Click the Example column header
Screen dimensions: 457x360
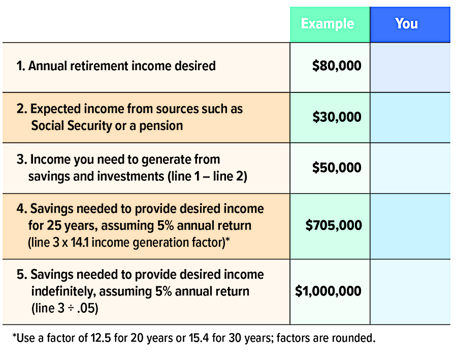point(328,24)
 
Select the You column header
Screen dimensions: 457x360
point(407,24)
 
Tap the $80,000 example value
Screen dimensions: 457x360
point(337,66)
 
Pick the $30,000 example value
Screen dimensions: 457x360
point(337,117)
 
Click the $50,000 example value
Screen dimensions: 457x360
point(337,168)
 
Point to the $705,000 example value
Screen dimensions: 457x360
point(334,225)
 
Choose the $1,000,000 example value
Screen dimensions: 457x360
point(328,291)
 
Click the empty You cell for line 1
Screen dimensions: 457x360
point(410,68)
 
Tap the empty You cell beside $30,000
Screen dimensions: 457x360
point(410,117)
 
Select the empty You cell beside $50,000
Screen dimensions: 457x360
point(410,168)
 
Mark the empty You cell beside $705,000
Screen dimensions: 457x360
point(410,226)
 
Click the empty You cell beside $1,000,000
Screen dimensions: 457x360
point(410,292)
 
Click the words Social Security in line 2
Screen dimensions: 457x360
point(72,126)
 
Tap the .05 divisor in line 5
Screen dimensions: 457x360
point(88,308)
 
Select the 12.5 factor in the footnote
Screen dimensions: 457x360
point(101,338)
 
